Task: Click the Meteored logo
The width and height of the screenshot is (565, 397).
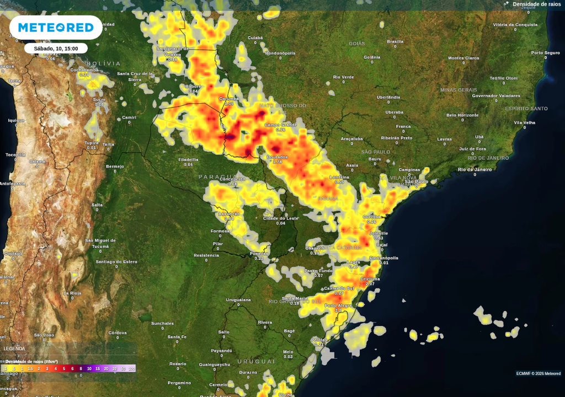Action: coord(56,28)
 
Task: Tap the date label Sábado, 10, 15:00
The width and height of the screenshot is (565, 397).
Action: coord(56,49)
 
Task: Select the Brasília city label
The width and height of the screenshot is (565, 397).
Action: coord(395,41)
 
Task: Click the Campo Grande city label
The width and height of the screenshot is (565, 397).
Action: coord(281,125)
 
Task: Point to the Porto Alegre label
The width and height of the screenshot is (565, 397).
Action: coord(338,305)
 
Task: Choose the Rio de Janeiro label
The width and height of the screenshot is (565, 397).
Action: coord(475,169)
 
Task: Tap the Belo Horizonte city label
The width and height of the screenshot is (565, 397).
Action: coord(462,115)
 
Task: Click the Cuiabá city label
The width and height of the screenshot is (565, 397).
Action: coord(255,38)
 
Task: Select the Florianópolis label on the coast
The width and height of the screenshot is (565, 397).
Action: coord(384,257)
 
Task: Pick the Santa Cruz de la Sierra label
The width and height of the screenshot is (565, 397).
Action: coord(135,76)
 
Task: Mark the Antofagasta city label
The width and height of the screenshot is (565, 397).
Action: coord(12,184)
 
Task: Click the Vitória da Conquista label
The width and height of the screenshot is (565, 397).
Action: coord(515,25)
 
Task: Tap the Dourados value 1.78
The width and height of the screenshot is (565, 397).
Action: coord(278,162)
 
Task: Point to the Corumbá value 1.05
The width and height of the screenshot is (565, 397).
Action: coord(229,104)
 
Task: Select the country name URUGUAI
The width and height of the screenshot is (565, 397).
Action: coord(255,361)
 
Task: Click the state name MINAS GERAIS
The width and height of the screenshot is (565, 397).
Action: coord(459,90)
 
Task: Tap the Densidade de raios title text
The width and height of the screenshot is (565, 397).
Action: coord(536,4)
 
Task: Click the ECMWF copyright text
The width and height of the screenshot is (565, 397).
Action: coord(538,373)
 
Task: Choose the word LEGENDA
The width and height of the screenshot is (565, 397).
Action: coord(14,348)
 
